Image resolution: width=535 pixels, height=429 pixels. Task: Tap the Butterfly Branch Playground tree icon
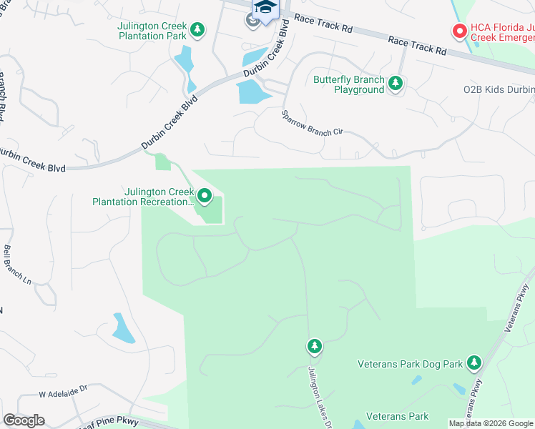(395, 85)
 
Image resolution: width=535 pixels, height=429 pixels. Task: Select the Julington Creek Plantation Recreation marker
(205, 195)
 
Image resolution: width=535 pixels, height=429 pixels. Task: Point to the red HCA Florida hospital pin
(458, 31)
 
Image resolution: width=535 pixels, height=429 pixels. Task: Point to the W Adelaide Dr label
(62, 393)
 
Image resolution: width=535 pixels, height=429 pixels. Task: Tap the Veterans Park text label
(397, 416)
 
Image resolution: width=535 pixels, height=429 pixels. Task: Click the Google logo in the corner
(24, 420)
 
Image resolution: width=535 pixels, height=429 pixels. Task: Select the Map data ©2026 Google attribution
(491, 423)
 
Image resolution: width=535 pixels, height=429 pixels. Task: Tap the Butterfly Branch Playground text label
(348, 85)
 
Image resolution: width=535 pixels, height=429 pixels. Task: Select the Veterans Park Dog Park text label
(411, 364)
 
